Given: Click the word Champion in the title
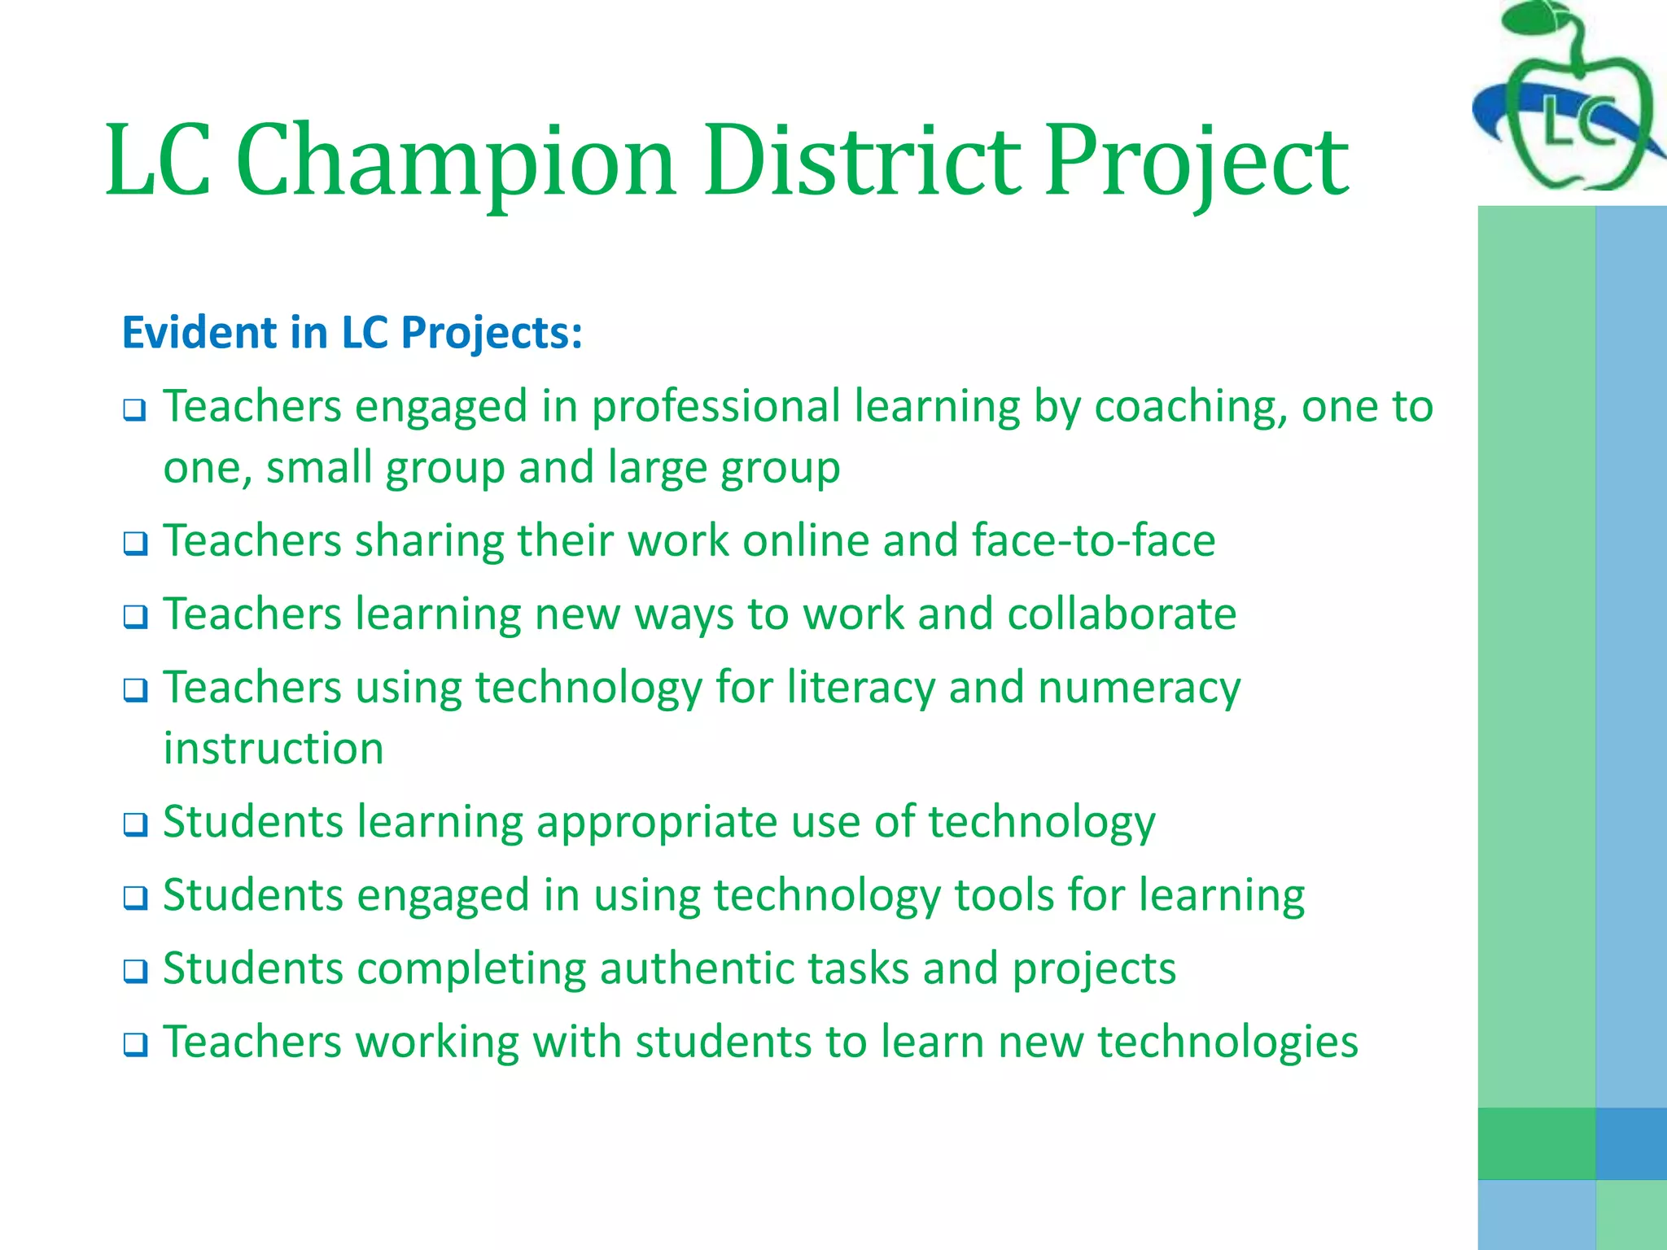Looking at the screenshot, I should point(456,161).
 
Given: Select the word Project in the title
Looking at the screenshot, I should point(1196,161).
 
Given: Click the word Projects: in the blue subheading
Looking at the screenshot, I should point(492,333).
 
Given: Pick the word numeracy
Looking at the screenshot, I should point(1139,688).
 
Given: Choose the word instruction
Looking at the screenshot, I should point(273,749).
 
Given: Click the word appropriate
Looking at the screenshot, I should point(656,822).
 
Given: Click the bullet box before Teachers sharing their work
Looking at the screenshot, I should point(135,543).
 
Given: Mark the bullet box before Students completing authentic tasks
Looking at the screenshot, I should point(135,971).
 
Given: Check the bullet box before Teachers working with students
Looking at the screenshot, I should point(135,1044).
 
